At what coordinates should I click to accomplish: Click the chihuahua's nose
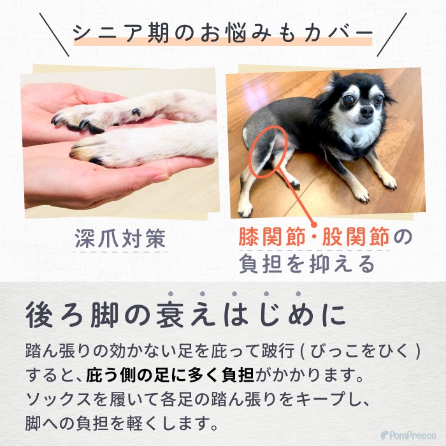(366, 111)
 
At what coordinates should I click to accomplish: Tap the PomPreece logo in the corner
(408, 435)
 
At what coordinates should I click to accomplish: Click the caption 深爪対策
(120, 238)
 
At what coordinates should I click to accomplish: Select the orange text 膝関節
(273, 236)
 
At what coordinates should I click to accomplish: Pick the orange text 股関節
(356, 236)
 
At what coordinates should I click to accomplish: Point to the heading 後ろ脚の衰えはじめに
(185, 315)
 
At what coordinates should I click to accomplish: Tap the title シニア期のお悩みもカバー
(223, 33)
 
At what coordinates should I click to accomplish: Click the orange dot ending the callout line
(314, 224)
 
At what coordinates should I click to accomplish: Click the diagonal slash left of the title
(54, 34)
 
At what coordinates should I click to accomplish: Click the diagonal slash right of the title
(392, 34)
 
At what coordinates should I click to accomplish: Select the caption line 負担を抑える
(307, 264)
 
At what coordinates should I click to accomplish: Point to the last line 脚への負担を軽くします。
(122, 423)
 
